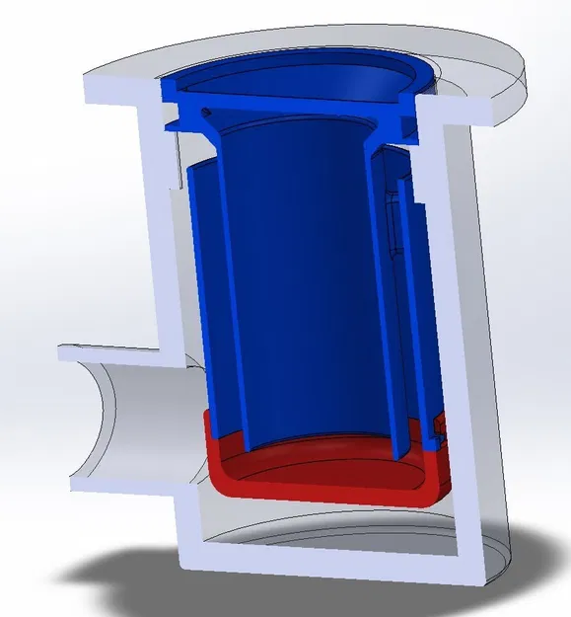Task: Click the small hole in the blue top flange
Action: [205, 113]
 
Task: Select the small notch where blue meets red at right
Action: [438, 426]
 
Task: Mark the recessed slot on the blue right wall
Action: [394, 227]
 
